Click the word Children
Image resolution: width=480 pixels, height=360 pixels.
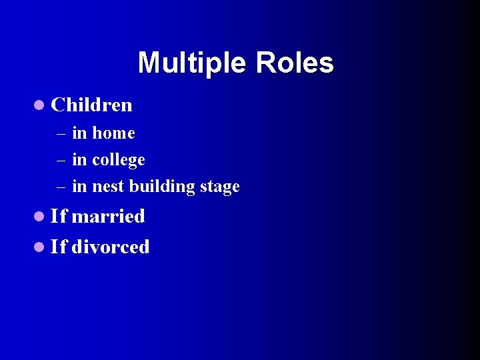coord(91,105)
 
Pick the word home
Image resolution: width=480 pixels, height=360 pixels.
coord(113,133)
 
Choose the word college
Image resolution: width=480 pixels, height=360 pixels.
coord(118,161)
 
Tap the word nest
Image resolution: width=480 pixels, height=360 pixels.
coord(108,187)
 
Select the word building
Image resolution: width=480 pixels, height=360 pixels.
coord(160,187)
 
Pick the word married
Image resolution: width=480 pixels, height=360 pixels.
coord(108,216)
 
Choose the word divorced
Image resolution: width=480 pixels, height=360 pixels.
coord(111,247)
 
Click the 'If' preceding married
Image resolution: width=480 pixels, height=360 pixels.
coord(59,216)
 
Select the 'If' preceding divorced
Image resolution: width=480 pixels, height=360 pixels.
coord(59,247)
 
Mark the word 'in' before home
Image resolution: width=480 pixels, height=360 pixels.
coord(79,133)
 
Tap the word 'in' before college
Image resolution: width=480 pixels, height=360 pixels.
coord(79,160)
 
